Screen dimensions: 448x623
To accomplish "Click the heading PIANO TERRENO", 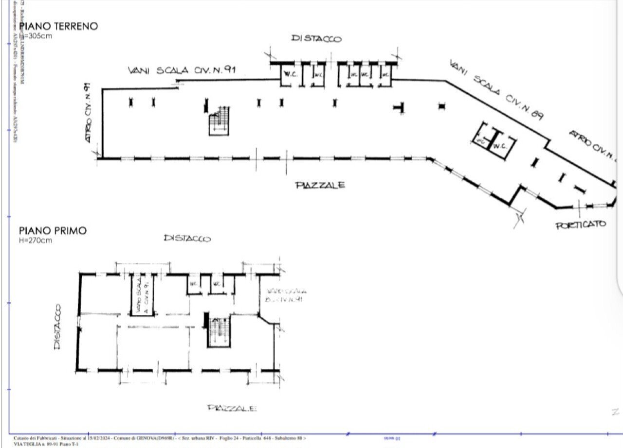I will pos(58,26).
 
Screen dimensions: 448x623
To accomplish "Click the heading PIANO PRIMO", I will pos(53,230).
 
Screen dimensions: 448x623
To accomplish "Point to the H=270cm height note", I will pos(36,240).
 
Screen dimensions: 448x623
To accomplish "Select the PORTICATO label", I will pos(581,224).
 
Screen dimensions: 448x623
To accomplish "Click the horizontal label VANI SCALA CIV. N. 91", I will pos(182,70).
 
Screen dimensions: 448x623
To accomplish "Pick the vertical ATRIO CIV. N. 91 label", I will pos(88,113).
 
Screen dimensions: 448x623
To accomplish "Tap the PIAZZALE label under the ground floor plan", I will pos(321,185).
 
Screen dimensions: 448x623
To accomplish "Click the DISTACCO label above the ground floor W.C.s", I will pos(316,38).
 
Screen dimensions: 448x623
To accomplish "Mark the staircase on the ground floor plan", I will pos(220,121).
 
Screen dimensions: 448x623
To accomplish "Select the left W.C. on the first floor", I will pos(193,284).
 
